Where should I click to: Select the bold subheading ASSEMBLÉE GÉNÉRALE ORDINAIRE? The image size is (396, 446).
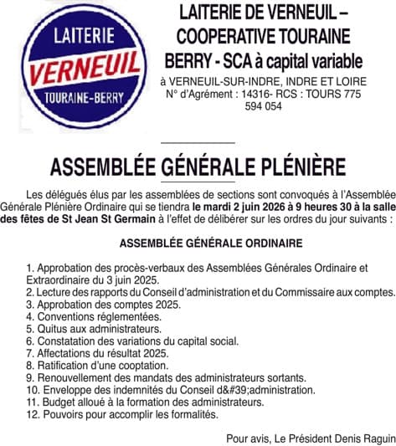coord(198,244)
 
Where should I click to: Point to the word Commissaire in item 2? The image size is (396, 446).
coord(307,293)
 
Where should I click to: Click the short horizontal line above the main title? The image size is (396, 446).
coord(197,143)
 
